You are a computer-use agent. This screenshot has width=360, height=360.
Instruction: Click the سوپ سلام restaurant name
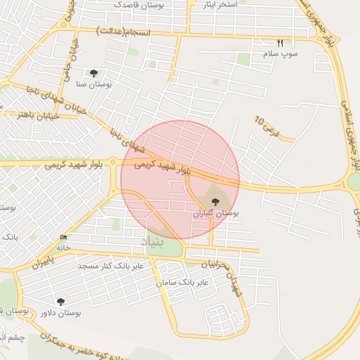(281, 54)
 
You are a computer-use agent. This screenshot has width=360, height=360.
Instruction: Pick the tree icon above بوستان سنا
(94, 72)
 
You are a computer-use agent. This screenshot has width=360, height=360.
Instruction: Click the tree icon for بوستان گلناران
(214, 201)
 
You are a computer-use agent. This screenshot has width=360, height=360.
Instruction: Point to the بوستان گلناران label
(216, 212)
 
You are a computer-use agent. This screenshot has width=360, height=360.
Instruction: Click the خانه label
(64, 247)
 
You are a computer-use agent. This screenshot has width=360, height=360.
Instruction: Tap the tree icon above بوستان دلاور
(60, 302)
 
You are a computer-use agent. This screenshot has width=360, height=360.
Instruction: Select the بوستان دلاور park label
(60, 313)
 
